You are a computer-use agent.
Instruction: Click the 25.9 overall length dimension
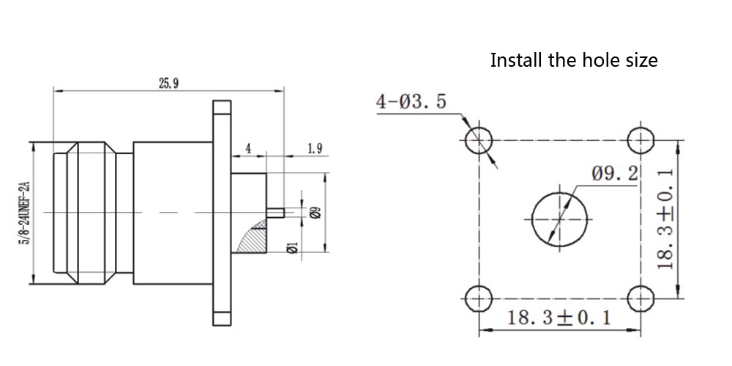tap(168, 83)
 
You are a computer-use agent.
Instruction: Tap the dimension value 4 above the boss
tap(248, 149)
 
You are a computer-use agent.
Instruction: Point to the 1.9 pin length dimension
tap(315, 149)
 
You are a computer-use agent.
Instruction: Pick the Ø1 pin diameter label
tap(291, 248)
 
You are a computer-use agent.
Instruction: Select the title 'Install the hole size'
tap(573, 60)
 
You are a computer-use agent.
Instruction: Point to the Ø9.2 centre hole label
tap(615, 175)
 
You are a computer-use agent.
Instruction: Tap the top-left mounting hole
tap(479, 139)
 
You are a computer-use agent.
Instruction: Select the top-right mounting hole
tap(641, 139)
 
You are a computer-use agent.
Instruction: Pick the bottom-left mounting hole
tap(479, 298)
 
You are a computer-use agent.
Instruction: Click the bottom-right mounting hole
tap(641, 298)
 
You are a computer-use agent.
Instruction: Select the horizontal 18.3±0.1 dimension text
tap(559, 318)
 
